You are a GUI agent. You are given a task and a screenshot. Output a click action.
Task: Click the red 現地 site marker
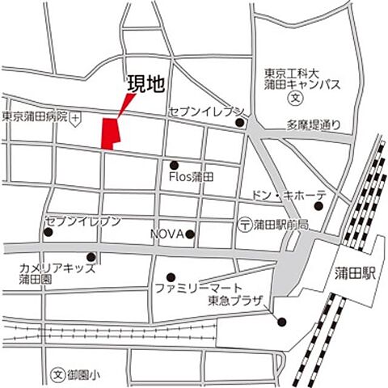109,133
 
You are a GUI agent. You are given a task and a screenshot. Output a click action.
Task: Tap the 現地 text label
143,83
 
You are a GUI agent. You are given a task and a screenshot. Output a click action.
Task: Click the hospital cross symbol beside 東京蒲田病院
75,118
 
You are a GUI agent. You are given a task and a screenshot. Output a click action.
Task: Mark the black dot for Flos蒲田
174,165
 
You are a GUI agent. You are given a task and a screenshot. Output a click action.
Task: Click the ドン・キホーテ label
289,195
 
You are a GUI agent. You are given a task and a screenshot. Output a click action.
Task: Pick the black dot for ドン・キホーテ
318,206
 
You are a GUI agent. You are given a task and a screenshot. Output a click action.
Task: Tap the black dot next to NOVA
190,234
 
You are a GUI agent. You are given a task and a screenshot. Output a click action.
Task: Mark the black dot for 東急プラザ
281,323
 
